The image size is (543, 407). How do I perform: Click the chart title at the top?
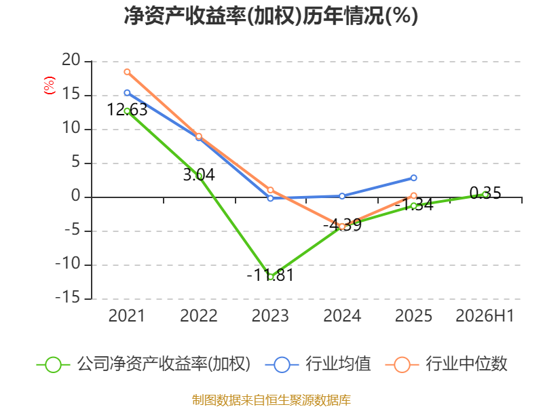[271, 16]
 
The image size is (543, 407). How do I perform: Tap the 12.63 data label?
[127, 110]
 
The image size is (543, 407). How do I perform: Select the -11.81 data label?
[270, 275]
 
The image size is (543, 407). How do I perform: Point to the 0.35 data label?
[485, 193]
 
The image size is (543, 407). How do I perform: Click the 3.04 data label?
[199, 174]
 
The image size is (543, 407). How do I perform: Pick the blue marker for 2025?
[413, 178]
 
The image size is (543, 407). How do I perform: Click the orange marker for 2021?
[127, 72]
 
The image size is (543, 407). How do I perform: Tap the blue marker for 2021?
[127, 93]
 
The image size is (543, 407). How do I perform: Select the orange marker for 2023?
[270, 190]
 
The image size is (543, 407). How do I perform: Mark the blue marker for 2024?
[342, 196]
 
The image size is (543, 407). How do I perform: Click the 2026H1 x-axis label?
[485, 315]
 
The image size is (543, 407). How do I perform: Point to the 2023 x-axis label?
[270, 315]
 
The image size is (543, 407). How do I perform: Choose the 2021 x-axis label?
[127, 315]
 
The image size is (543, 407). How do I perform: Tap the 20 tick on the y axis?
[71, 60]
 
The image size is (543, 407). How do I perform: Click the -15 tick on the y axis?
[68, 298]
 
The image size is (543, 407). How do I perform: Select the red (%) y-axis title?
[49, 85]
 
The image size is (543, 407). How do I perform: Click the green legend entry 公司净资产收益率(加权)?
[143, 364]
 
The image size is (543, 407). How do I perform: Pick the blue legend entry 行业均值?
[318, 364]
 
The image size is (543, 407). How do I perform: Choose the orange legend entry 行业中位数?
[446, 364]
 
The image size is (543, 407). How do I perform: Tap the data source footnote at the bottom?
[271, 400]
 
